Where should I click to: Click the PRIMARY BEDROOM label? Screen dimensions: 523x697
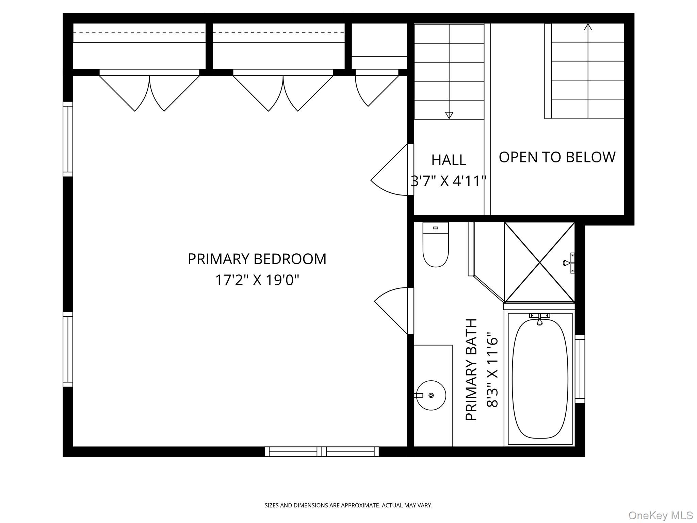click(x=257, y=259)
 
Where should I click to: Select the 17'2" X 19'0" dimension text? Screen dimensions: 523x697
click(x=257, y=281)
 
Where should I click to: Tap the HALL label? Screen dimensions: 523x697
click(x=449, y=160)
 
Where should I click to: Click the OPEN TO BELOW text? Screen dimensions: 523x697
click(x=557, y=157)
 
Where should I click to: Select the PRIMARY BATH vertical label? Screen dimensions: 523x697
click(x=472, y=370)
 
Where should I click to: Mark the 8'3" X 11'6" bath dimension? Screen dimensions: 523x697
click(x=492, y=370)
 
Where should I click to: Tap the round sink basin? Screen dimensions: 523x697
click(x=431, y=395)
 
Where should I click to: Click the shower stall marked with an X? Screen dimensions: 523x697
click(x=539, y=263)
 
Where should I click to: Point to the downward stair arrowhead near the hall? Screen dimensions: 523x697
click(x=449, y=115)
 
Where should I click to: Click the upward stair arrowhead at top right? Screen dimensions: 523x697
click(x=588, y=27)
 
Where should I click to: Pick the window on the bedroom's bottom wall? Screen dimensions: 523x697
click(x=322, y=451)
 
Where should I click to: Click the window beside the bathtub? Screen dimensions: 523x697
click(x=580, y=369)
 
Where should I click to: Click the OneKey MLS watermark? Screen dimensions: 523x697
click(x=660, y=515)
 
